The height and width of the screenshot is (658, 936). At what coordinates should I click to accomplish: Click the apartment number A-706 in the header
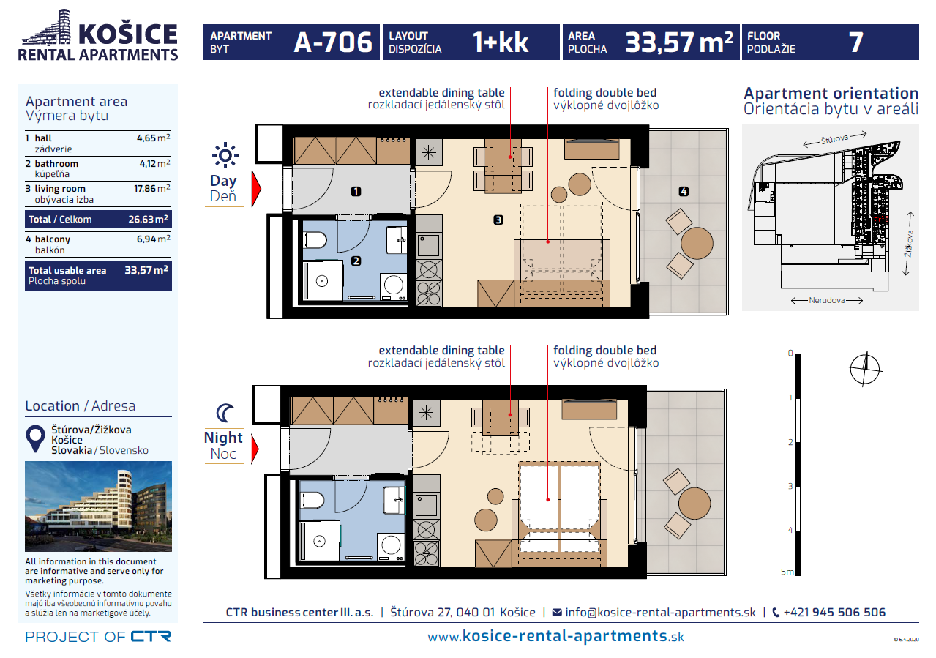(333, 42)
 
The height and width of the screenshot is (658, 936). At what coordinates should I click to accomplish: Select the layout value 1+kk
(500, 42)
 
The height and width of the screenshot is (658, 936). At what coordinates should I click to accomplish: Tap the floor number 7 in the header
(855, 42)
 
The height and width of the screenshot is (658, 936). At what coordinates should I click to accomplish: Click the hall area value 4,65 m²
(154, 138)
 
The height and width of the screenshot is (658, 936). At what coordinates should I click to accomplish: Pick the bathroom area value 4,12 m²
(154, 163)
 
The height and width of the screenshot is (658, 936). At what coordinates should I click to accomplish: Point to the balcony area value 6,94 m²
(154, 239)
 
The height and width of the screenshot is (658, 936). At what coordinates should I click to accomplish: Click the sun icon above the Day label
(225, 155)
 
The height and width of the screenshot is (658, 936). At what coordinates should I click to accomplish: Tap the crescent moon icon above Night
(225, 413)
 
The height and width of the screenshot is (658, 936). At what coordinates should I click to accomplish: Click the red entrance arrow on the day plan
(256, 189)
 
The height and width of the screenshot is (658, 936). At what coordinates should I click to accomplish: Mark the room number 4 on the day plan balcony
(684, 192)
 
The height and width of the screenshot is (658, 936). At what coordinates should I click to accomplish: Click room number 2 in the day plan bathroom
(356, 261)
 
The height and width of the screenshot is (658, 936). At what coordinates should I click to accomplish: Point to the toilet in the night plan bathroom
(313, 500)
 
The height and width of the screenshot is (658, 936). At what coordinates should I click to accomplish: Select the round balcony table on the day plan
(697, 243)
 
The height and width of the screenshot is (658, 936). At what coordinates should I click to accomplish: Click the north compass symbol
(865, 369)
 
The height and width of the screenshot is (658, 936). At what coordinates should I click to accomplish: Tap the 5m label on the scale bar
(787, 572)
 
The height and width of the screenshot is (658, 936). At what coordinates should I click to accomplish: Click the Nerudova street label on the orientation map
(826, 300)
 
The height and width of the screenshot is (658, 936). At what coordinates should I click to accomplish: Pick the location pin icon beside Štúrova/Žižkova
(36, 439)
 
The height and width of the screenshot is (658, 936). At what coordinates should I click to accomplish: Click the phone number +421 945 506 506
(834, 613)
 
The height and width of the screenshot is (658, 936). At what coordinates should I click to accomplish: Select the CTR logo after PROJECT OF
(151, 636)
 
